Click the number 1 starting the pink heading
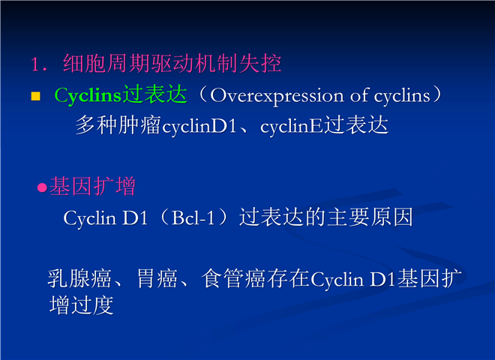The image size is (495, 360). [35, 64]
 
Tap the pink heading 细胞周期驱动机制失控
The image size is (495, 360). [172, 64]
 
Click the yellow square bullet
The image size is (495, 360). [36, 96]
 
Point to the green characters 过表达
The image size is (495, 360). [154, 94]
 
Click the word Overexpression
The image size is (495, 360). [277, 96]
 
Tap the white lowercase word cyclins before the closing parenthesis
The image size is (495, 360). [402, 96]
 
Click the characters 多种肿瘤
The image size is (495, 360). [118, 125]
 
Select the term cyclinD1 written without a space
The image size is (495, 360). [199, 127]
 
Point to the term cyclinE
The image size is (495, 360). [292, 127]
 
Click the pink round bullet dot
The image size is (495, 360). [42, 187]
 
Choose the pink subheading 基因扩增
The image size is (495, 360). [93, 186]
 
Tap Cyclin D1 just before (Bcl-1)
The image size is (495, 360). [106, 218]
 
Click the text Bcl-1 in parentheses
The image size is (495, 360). [193, 217]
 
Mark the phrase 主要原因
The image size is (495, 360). [370, 217]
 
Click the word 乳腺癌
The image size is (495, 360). [79, 278]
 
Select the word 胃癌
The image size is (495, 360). [157, 278]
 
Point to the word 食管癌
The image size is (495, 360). [234, 278]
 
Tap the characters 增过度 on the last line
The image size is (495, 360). [82, 304]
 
